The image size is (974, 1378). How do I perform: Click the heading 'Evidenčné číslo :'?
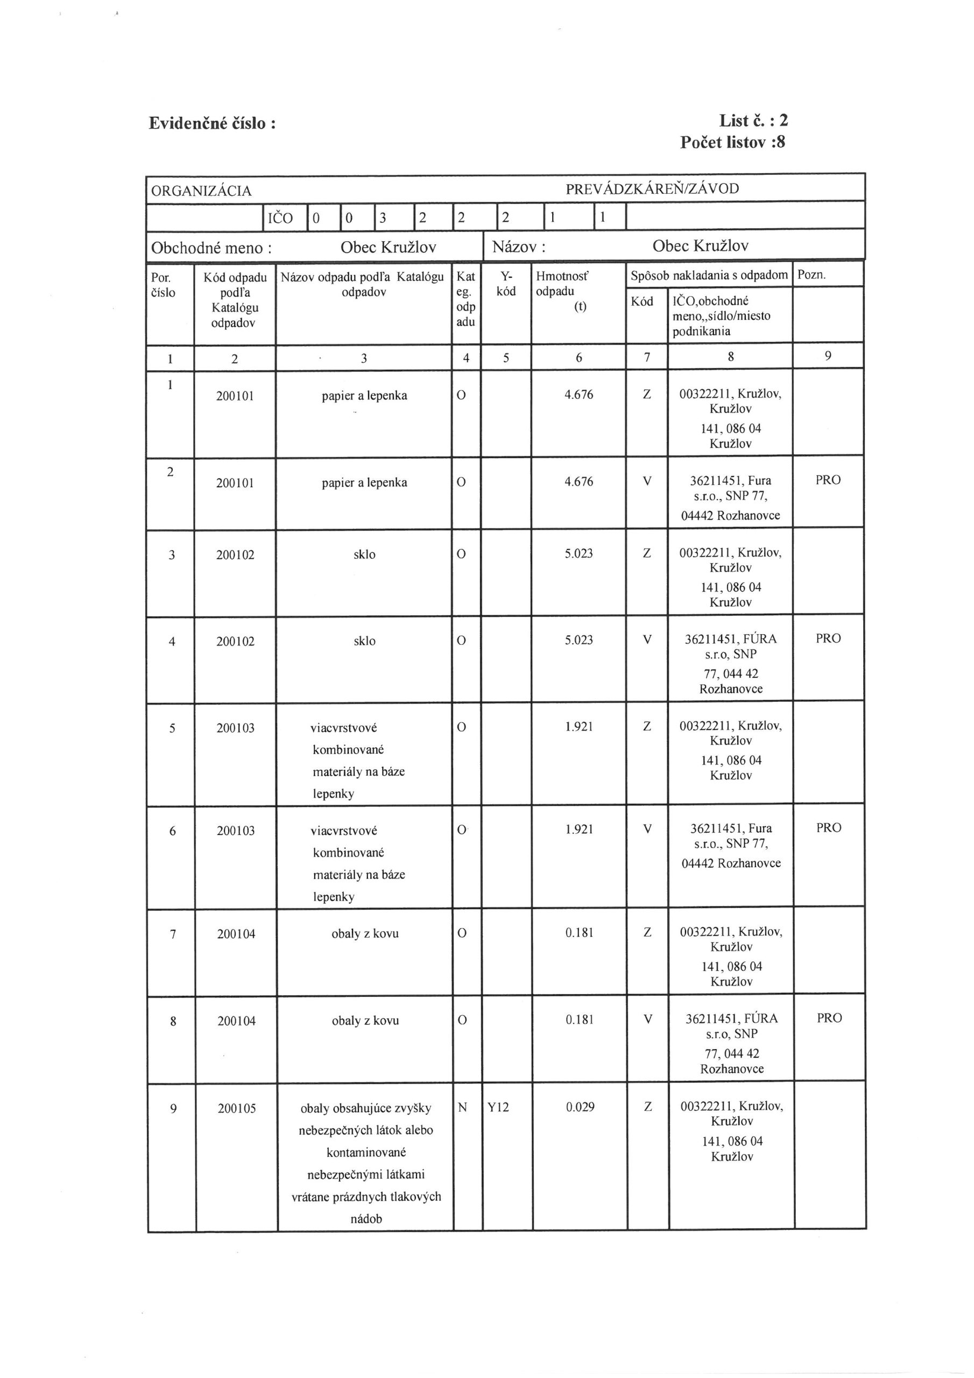coord(213,124)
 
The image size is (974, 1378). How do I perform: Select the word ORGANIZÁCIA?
coord(201,191)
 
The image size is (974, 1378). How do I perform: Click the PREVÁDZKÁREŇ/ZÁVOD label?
coord(652,188)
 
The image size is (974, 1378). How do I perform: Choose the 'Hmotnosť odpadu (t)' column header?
coord(563,291)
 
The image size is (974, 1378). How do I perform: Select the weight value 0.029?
coord(580,1107)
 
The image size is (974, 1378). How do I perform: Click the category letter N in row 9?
coord(462,1107)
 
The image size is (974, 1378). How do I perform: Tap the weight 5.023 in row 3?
coord(578,553)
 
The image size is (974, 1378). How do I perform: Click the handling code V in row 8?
coord(647,1018)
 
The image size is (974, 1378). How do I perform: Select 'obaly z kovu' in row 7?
coord(365,934)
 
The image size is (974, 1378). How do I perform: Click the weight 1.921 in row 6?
coord(579,829)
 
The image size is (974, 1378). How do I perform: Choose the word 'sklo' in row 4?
coord(364,641)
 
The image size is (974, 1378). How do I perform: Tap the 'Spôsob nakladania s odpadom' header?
coord(709,276)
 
